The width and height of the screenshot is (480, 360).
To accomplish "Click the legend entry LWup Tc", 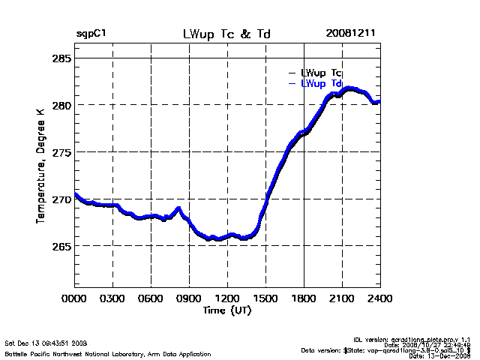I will click(x=321, y=73).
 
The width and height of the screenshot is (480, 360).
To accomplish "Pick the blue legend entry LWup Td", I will click(x=321, y=83).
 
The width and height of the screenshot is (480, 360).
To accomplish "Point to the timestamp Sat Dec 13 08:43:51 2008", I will click(x=46, y=343).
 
